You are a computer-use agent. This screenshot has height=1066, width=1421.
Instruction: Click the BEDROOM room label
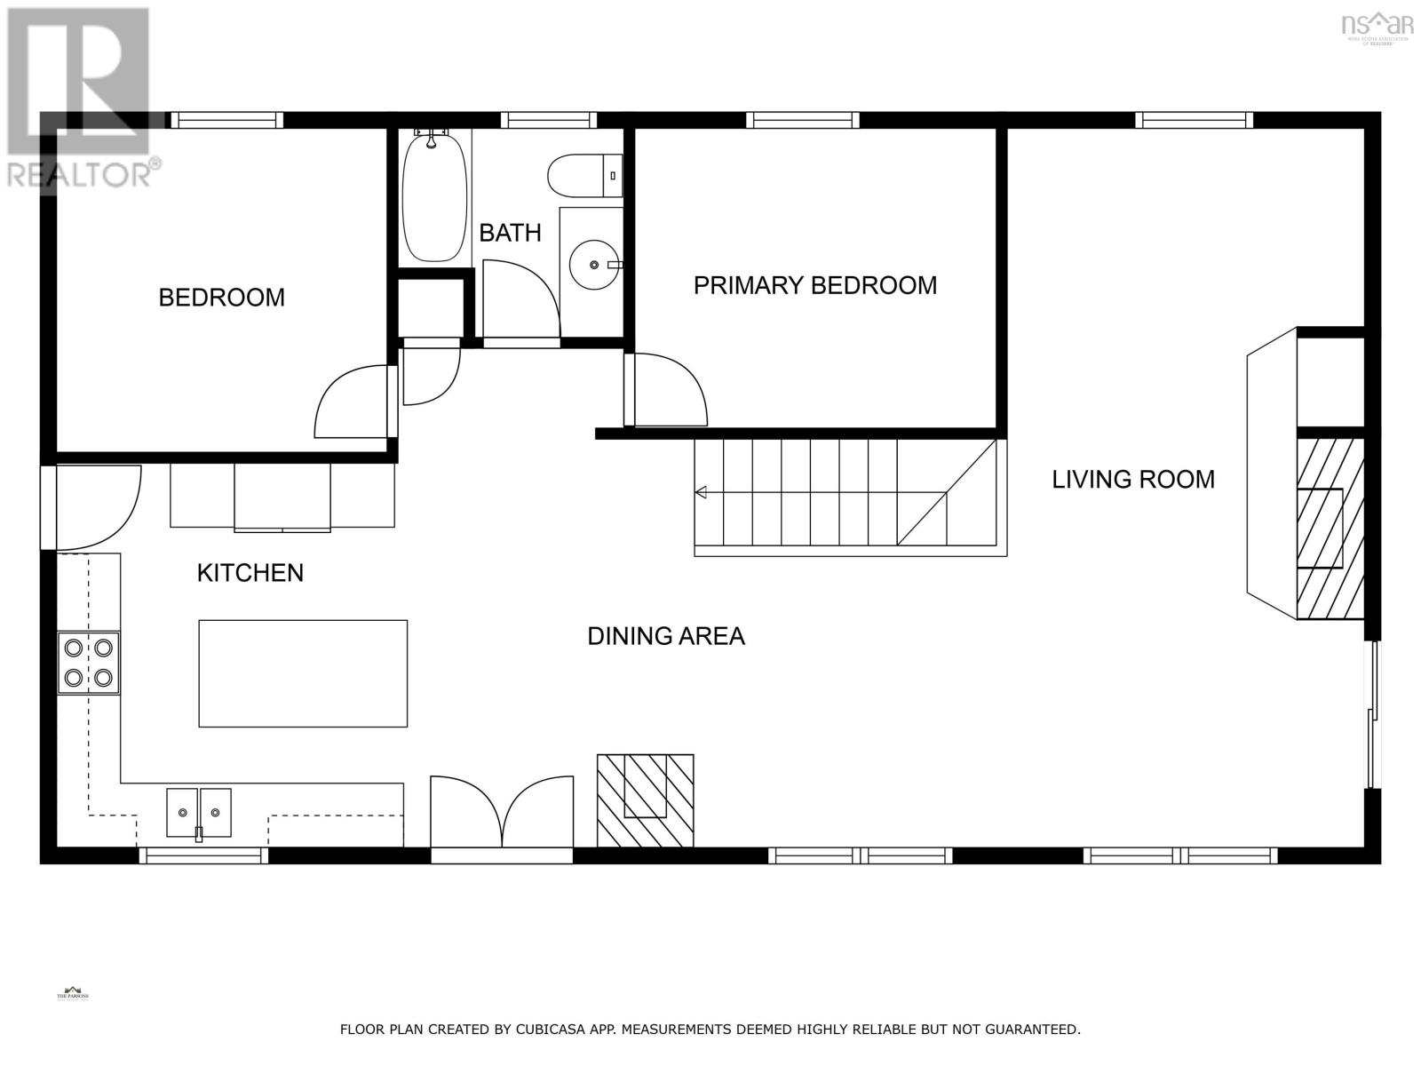(x=221, y=297)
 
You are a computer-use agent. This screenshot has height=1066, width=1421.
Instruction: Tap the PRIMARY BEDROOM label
(x=814, y=285)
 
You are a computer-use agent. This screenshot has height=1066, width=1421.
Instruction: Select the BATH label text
(x=510, y=233)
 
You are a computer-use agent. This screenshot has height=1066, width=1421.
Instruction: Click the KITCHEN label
(x=250, y=573)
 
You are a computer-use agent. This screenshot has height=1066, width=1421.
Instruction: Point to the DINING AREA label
(x=666, y=636)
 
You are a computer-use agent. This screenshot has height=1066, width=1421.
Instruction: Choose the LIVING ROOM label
(x=1133, y=480)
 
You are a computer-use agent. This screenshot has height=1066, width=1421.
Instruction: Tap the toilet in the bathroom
(x=582, y=175)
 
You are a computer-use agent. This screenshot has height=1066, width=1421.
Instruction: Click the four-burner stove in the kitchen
(x=89, y=663)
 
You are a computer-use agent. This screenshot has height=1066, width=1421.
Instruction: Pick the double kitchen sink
(x=199, y=812)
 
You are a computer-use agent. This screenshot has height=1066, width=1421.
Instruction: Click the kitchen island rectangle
(x=303, y=673)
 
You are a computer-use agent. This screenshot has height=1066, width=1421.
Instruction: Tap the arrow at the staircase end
(x=701, y=492)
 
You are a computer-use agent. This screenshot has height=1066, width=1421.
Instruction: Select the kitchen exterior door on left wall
(x=93, y=506)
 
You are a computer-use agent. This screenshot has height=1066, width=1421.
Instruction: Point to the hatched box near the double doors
(x=645, y=800)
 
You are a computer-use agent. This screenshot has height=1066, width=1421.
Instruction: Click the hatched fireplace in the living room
(x=1330, y=528)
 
